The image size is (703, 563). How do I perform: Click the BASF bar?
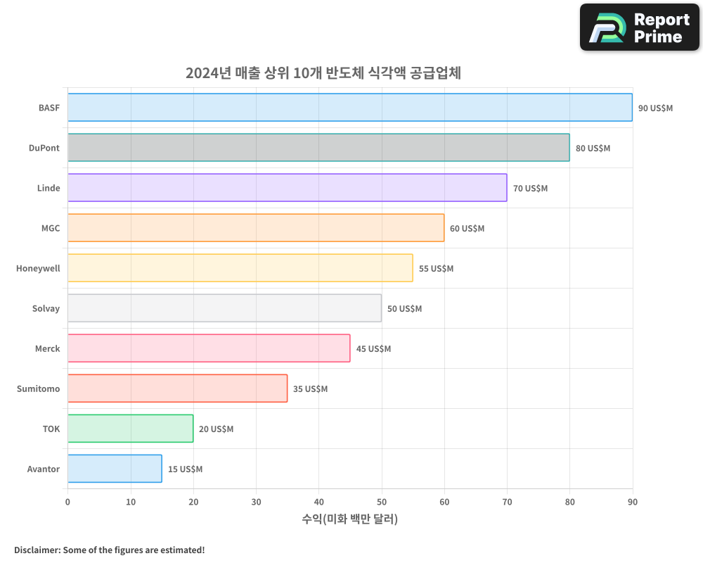click(350, 108)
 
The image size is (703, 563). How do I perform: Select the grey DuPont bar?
click(318, 148)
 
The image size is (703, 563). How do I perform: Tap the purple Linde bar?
click(287, 188)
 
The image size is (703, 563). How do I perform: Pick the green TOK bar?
click(130, 429)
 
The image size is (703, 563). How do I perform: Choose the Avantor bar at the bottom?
click(115, 469)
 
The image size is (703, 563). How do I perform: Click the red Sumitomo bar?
click(177, 388)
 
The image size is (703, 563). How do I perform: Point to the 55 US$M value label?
click(436, 269)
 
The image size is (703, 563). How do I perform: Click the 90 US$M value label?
click(655, 108)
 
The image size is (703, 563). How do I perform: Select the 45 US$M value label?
click(373, 349)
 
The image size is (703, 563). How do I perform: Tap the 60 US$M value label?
click(467, 229)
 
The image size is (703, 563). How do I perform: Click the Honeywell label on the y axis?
click(38, 269)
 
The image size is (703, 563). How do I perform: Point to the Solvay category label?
click(46, 309)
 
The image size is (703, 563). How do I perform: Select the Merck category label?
click(48, 349)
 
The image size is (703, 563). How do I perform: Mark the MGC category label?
click(51, 229)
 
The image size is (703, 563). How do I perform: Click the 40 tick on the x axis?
click(318, 502)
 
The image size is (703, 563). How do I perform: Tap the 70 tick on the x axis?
click(507, 502)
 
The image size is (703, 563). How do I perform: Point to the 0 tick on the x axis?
click(67, 502)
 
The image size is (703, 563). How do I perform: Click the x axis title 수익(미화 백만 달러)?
click(350, 519)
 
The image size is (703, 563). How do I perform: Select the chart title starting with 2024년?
click(323, 73)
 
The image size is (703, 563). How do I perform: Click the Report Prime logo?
click(640, 27)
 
